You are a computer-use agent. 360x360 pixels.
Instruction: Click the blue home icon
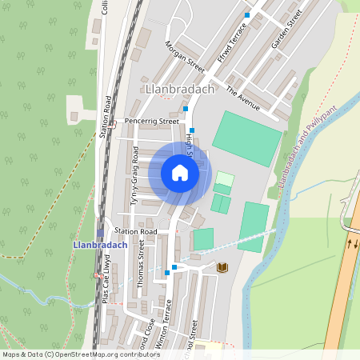[x=180, y=173]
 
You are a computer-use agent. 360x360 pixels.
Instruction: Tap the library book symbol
[x=222, y=267]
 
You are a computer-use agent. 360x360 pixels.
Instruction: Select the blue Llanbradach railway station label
[x=100, y=245]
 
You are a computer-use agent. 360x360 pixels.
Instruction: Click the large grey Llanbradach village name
[x=181, y=89]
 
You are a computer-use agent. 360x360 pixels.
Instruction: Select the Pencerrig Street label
[x=152, y=122]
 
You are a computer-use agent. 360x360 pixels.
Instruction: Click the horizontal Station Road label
[x=136, y=231]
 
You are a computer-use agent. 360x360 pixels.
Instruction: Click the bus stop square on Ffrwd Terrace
[x=247, y=15]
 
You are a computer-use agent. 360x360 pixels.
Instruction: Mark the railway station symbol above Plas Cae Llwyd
[x=99, y=233]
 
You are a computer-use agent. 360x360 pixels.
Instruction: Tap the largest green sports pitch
[x=246, y=138]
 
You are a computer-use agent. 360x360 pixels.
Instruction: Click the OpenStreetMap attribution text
[x=81, y=354]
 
